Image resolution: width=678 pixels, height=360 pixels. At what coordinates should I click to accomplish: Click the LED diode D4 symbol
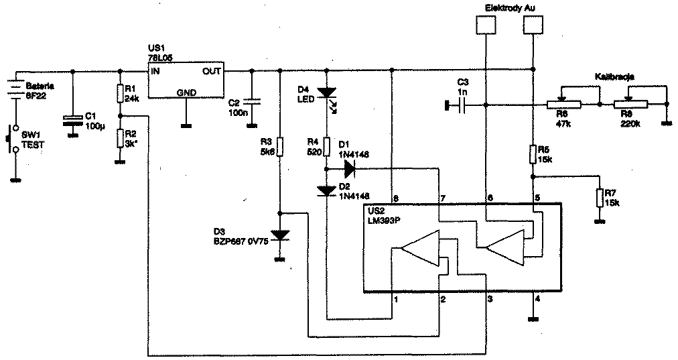tap(326, 93)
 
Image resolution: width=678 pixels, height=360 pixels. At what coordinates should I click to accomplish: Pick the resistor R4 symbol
tap(326, 146)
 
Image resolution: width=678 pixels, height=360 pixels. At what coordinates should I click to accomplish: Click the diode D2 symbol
tap(326, 190)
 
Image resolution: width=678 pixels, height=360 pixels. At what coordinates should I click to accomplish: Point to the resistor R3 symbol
tap(281, 146)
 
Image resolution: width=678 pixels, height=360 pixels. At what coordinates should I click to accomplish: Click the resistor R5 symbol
tap(533, 154)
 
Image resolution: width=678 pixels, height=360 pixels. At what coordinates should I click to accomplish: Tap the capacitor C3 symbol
tap(463, 105)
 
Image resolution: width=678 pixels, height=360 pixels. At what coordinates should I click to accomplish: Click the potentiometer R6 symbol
tap(560, 105)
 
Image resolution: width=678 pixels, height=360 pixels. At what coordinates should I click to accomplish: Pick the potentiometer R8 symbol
tap(630, 105)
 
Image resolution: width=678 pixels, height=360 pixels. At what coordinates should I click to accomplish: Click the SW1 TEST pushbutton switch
tap(12, 143)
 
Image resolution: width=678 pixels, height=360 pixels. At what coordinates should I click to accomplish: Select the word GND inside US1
tap(185, 93)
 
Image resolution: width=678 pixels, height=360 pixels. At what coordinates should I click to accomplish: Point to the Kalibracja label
tap(614, 77)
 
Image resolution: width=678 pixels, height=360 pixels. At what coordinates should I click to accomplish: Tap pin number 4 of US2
tap(538, 299)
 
